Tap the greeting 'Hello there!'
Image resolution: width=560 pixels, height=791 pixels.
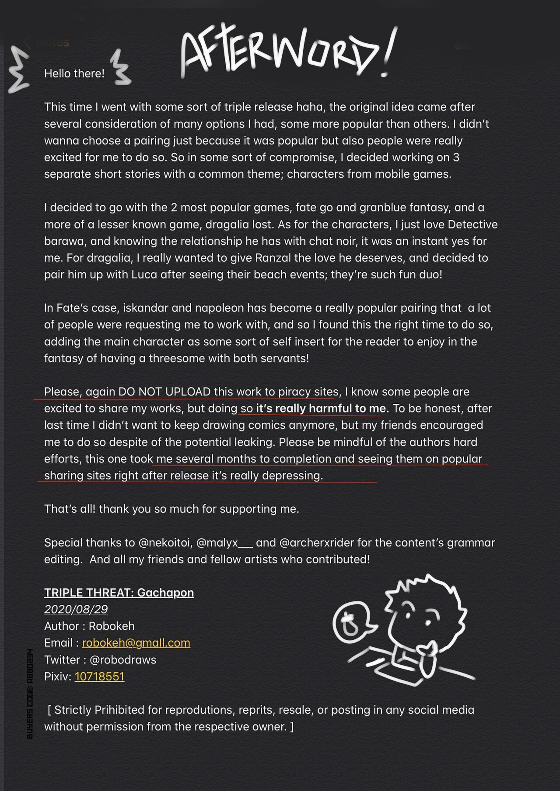[74, 73]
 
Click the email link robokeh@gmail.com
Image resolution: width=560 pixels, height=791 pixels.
[136, 643]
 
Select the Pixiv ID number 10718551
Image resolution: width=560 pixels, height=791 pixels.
[99, 677]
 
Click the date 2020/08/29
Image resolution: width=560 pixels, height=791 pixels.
[76, 609]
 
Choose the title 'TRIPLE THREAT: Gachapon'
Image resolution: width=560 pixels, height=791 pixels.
[119, 593]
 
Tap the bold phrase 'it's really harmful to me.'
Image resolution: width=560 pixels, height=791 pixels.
[322, 409]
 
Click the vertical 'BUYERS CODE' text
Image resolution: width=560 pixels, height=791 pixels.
[30, 694]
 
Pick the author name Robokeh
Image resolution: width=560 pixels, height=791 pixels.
[112, 626]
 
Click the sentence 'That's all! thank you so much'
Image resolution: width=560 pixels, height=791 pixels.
[171, 509]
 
